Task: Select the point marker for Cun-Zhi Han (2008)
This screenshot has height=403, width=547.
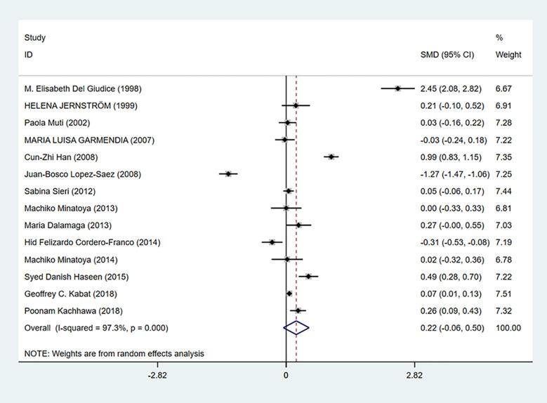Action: pyautogui.click(x=331, y=157)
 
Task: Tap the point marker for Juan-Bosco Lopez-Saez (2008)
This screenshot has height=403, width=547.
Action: pyautogui.click(x=228, y=173)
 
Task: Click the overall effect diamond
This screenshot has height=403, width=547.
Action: pyautogui.click(x=296, y=327)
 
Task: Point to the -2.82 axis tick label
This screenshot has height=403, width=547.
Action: pyautogui.click(x=157, y=376)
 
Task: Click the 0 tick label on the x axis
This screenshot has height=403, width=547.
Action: pyautogui.click(x=286, y=376)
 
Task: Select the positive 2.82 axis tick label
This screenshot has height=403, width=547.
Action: pyautogui.click(x=414, y=376)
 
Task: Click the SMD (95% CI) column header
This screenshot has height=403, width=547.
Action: pyautogui.click(x=447, y=55)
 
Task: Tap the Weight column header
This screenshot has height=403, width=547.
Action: pyautogui.click(x=508, y=55)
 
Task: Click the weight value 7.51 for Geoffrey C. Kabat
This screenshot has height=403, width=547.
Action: pyautogui.click(x=508, y=293)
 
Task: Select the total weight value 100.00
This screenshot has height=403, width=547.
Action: pyautogui.click(x=508, y=327)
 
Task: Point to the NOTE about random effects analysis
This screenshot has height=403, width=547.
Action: pyautogui.click(x=114, y=353)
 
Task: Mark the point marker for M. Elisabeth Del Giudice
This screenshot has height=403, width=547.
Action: pyautogui.click(x=397, y=88)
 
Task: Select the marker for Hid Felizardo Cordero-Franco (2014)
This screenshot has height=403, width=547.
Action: pyautogui.click(x=272, y=242)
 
